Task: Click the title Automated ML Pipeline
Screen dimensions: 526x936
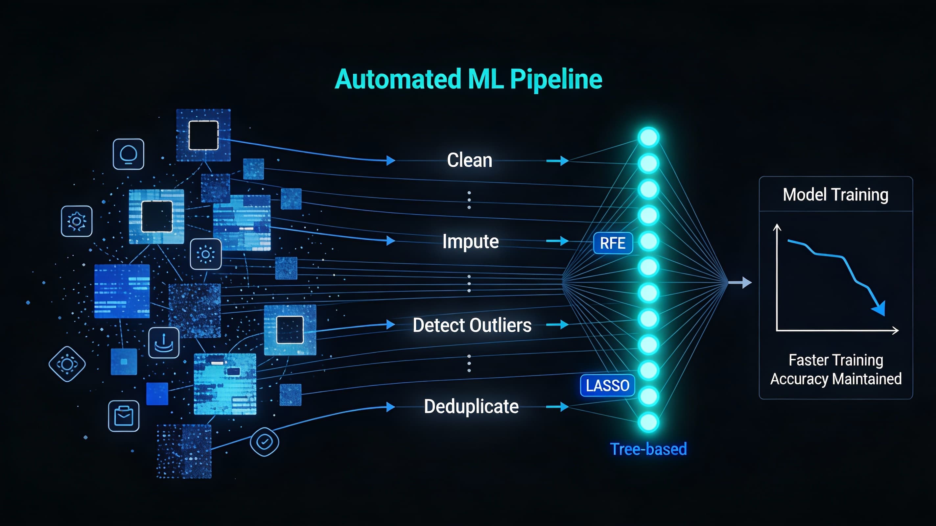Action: (x=468, y=79)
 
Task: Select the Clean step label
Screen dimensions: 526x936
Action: (x=469, y=160)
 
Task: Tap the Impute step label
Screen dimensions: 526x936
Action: (x=470, y=242)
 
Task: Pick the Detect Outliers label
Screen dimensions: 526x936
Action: (x=472, y=325)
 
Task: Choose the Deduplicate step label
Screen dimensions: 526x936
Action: (x=471, y=406)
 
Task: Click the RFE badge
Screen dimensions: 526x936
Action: (x=613, y=243)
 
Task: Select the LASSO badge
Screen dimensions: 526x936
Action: (x=607, y=385)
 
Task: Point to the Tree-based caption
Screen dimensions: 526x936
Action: (x=648, y=449)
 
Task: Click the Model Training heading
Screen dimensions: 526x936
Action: (x=835, y=195)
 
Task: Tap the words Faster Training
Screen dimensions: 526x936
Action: (x=835, y=360)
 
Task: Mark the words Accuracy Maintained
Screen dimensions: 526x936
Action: (x=835, y=379)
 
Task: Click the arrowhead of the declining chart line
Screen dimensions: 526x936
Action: (x=880, y=309)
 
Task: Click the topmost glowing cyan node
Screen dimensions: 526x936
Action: (x=648, y=137)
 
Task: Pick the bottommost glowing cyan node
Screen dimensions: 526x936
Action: (x=648, y=422)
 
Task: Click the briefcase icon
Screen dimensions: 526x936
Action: (x=124, y=416)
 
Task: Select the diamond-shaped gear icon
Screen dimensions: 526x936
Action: (x=67, y=364)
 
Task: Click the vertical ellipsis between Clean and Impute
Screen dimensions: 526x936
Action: (x=469, y=200)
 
